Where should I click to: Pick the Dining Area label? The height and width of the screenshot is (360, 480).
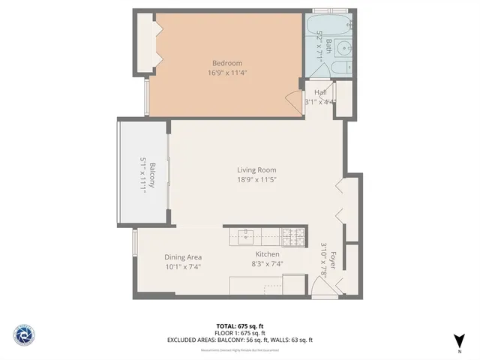[183, 257]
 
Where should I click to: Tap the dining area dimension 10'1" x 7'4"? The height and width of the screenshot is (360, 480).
[183, 267]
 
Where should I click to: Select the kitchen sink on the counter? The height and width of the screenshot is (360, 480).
[247, 234]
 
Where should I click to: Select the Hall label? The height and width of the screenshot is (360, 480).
[320, 92]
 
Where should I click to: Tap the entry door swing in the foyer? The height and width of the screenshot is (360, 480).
[339, 284]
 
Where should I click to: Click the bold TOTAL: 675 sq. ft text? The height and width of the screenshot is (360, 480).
[239, 325]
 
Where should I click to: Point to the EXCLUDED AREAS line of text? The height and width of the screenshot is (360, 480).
[239, 340]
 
